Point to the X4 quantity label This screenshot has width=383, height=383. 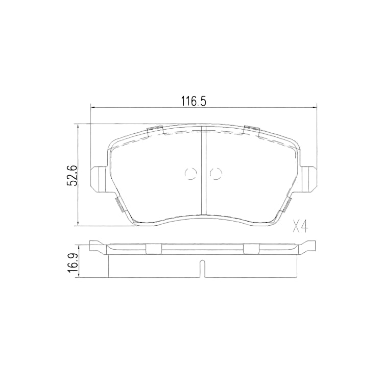(x=301, y=226)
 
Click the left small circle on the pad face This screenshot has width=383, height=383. (x=190, y=174)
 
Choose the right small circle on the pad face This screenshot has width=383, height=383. (x=216, y=174)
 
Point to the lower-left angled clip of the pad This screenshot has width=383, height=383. (x=118, y=204)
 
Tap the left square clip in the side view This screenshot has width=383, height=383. (x=154, y=249)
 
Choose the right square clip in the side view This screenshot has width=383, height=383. (x=251, y=249)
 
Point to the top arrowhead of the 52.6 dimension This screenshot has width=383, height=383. (x=78, y=126)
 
